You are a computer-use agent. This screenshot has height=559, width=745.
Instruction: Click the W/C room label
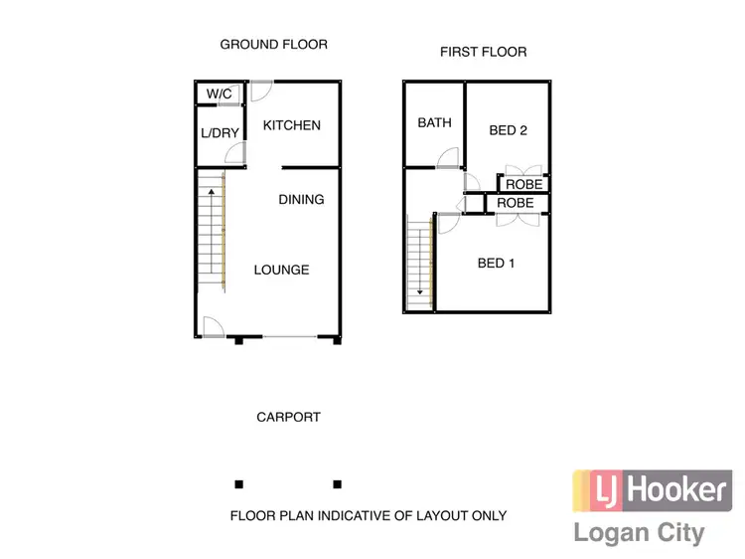(x=219, y=93)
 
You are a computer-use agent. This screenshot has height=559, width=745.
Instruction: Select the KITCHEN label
(x=292, y=125)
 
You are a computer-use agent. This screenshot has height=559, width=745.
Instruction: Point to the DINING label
(x=301, y=199)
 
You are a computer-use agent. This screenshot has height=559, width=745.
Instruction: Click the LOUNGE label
(x=281, y=270)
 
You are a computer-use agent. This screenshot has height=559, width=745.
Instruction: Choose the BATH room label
(x=434, y=123)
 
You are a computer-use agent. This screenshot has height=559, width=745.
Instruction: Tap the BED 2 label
(x=508, y=130)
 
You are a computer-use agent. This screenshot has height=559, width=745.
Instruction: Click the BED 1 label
(x=497, y=264)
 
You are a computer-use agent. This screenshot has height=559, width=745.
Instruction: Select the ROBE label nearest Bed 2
(x=524, y=184)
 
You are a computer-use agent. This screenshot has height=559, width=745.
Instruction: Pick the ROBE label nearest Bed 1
(x=516, y=203)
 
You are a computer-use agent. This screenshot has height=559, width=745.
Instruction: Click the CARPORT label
(x=288, y=417)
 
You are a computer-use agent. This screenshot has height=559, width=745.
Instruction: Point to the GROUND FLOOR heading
(x=273, y=45)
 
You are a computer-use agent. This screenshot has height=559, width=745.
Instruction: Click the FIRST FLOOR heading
(x=484, y=52)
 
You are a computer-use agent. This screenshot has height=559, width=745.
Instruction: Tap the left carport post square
(x=238, y=484)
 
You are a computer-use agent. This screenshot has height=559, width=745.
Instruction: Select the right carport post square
(x=338, y=484)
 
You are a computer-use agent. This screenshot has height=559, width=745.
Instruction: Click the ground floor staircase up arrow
(x=212, y=191)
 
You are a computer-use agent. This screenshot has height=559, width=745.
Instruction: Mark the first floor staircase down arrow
(x=420, y=292)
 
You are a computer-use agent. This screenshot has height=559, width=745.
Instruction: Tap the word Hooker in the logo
(x=675, y=490)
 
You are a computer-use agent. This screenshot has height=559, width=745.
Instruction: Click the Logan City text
(x=639, y=532)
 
